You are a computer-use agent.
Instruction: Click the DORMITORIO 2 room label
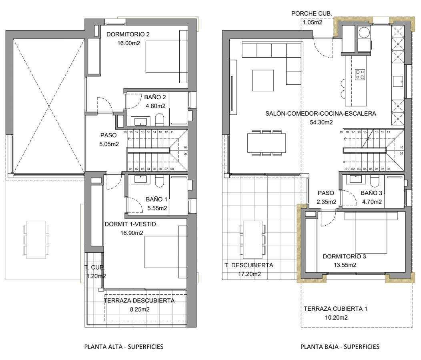coord(128,34)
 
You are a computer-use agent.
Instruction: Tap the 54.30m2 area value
coord(321,122)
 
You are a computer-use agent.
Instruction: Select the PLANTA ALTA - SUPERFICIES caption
coord(124,346)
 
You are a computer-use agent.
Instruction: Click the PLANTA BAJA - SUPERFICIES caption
coord(340,346)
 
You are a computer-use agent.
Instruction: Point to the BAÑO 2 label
coord(155,97)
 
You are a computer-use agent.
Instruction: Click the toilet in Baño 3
coord(375,182)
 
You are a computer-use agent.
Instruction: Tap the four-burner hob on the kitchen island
coord(360,75)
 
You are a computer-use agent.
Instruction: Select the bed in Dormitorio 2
coord(166,57)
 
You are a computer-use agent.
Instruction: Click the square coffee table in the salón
coord(263,80)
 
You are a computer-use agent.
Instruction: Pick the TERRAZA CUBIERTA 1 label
coord(335,309)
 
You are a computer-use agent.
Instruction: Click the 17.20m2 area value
coord(249,274)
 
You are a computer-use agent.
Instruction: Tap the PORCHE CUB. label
coord(311,14)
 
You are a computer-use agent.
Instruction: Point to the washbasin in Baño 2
coord(140,122)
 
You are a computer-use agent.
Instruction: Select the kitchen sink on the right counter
coord(398,81)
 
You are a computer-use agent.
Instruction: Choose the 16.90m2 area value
coord(132,233)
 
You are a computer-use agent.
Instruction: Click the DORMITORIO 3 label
coord(344,256)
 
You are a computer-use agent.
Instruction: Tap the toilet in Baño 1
coord(160,182)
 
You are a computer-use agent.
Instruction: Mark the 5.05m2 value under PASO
coord(109,144)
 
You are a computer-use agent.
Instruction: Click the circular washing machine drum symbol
coord(364,32)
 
